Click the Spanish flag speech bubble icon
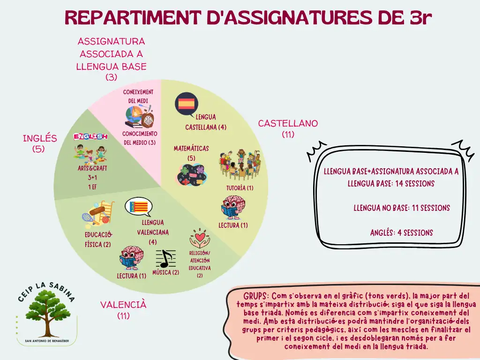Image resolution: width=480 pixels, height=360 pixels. [187, 104]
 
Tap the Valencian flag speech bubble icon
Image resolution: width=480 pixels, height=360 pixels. [139, 207]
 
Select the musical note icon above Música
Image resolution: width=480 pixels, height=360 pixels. [165, 259]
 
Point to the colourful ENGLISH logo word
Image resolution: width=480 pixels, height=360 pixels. [90, 136]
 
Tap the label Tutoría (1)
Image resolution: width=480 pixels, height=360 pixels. [240, 188]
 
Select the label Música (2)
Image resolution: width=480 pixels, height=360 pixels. [165, 272]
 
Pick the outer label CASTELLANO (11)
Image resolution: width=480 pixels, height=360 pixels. [288, 128]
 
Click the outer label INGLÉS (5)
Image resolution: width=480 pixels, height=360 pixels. [40, 143]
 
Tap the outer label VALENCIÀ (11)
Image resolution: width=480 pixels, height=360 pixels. [123, 310]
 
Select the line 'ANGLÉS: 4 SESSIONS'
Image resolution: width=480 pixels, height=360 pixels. [401, 232]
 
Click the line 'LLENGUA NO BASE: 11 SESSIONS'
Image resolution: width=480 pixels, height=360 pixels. [402, 208]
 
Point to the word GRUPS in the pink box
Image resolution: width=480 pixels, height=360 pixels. [255, 296]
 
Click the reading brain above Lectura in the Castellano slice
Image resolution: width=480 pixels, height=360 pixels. [233, 208]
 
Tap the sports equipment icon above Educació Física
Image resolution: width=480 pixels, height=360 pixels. [98, 212]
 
